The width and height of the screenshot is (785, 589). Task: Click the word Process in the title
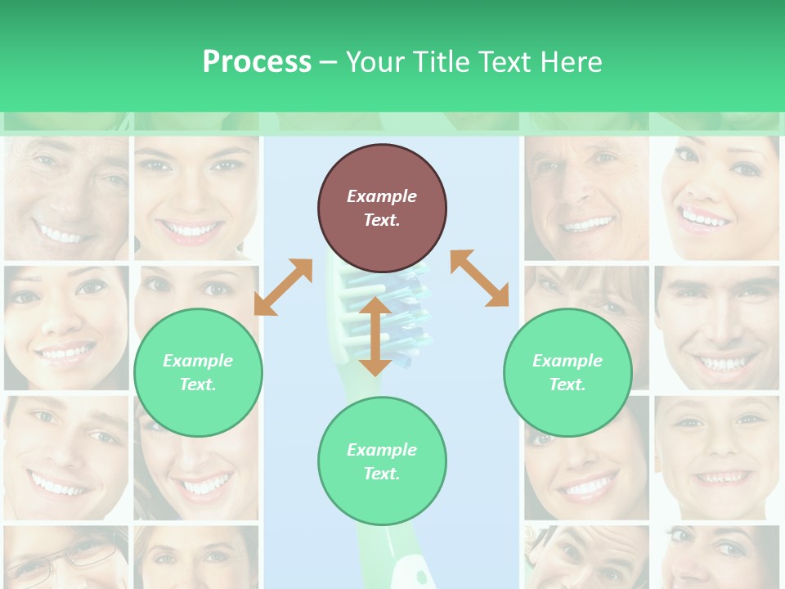[x=257, y=61]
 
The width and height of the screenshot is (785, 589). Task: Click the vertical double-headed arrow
[x=375, y=336]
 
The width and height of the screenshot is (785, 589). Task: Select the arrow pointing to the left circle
[x=283, y=286]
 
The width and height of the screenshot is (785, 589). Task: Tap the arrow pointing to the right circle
[x=479, y=278]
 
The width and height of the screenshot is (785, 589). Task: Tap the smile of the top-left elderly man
[x=62, y=236]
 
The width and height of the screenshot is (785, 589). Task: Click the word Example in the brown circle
[x=382, y=196]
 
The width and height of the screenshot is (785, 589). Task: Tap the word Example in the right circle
[x=567, y=361]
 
